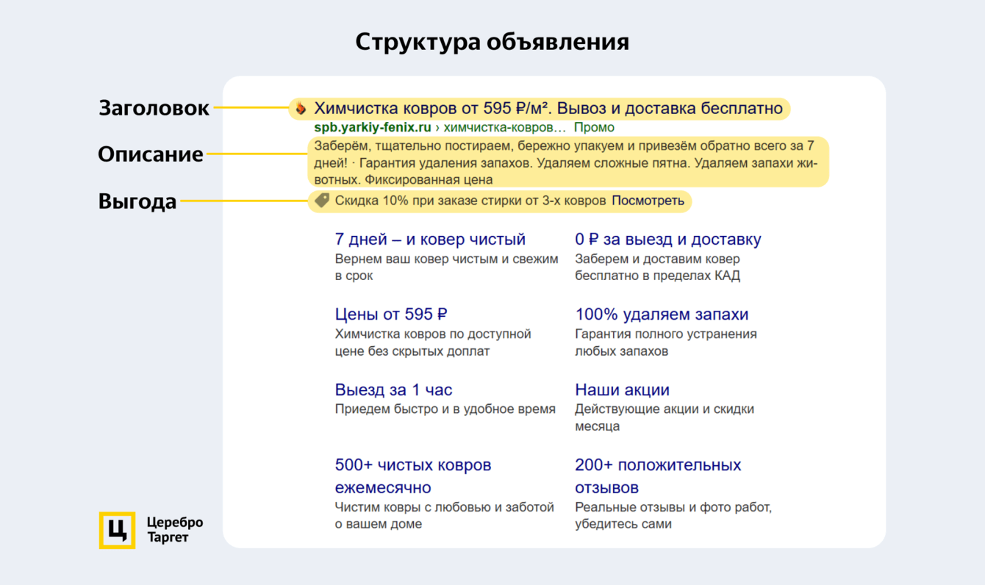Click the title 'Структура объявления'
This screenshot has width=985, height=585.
(x=492, y=43)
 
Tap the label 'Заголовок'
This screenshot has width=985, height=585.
(x=154, y=108)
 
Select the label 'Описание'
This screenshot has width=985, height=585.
(x=151, y=155)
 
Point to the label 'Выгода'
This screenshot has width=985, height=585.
(x=137, y=201)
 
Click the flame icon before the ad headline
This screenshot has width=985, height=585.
(x=301, y=108)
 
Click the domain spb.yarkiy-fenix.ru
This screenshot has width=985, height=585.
(x=373, y=127)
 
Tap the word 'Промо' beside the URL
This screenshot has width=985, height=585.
(x=594, y=127)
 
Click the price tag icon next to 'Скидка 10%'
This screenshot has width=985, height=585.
(x=322, y=201)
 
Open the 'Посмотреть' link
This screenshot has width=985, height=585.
(x=648, y=201)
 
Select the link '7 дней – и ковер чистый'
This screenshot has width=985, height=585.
(x=430, y=240)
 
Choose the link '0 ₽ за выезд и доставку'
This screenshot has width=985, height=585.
(x=668, y=240)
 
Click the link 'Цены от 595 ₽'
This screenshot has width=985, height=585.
(x=391, y=315)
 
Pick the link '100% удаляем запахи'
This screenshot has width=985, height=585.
(x=662, y=315)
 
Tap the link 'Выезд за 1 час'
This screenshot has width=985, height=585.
(x=393, y=390)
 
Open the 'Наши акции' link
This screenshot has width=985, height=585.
(x=622, y=390)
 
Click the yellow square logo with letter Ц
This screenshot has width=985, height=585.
(x=117, y=530)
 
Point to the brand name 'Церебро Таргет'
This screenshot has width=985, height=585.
(x=174, y=530)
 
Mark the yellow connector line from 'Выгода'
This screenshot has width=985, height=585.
(x=245, y=201)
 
